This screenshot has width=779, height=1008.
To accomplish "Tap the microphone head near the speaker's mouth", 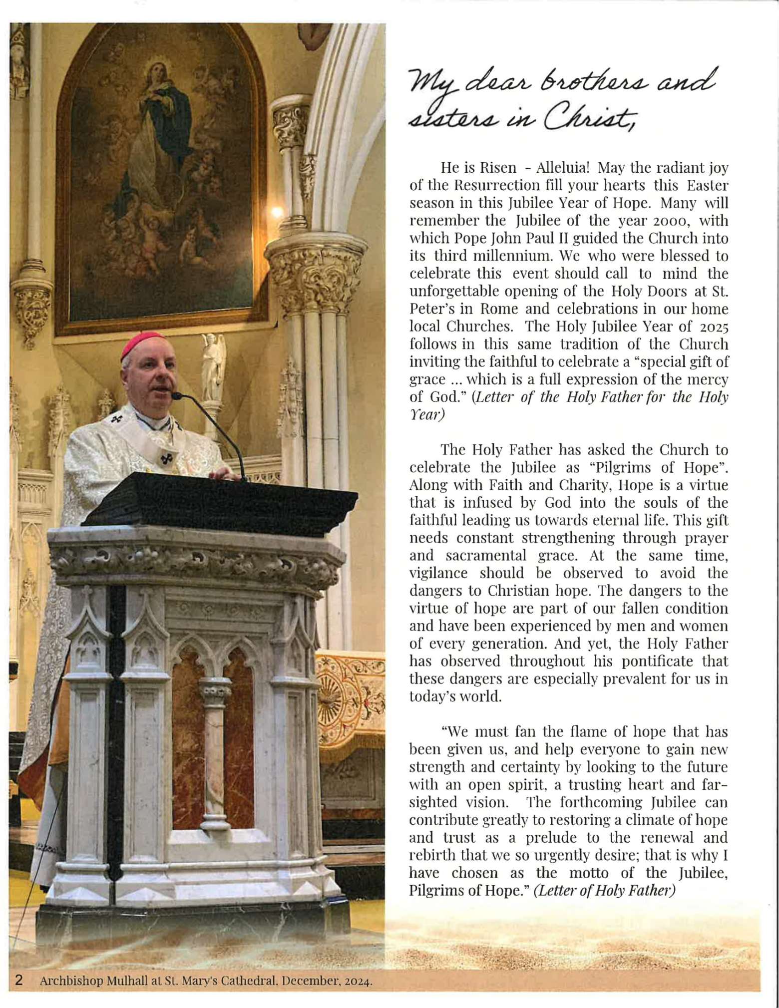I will pos(176,396).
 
